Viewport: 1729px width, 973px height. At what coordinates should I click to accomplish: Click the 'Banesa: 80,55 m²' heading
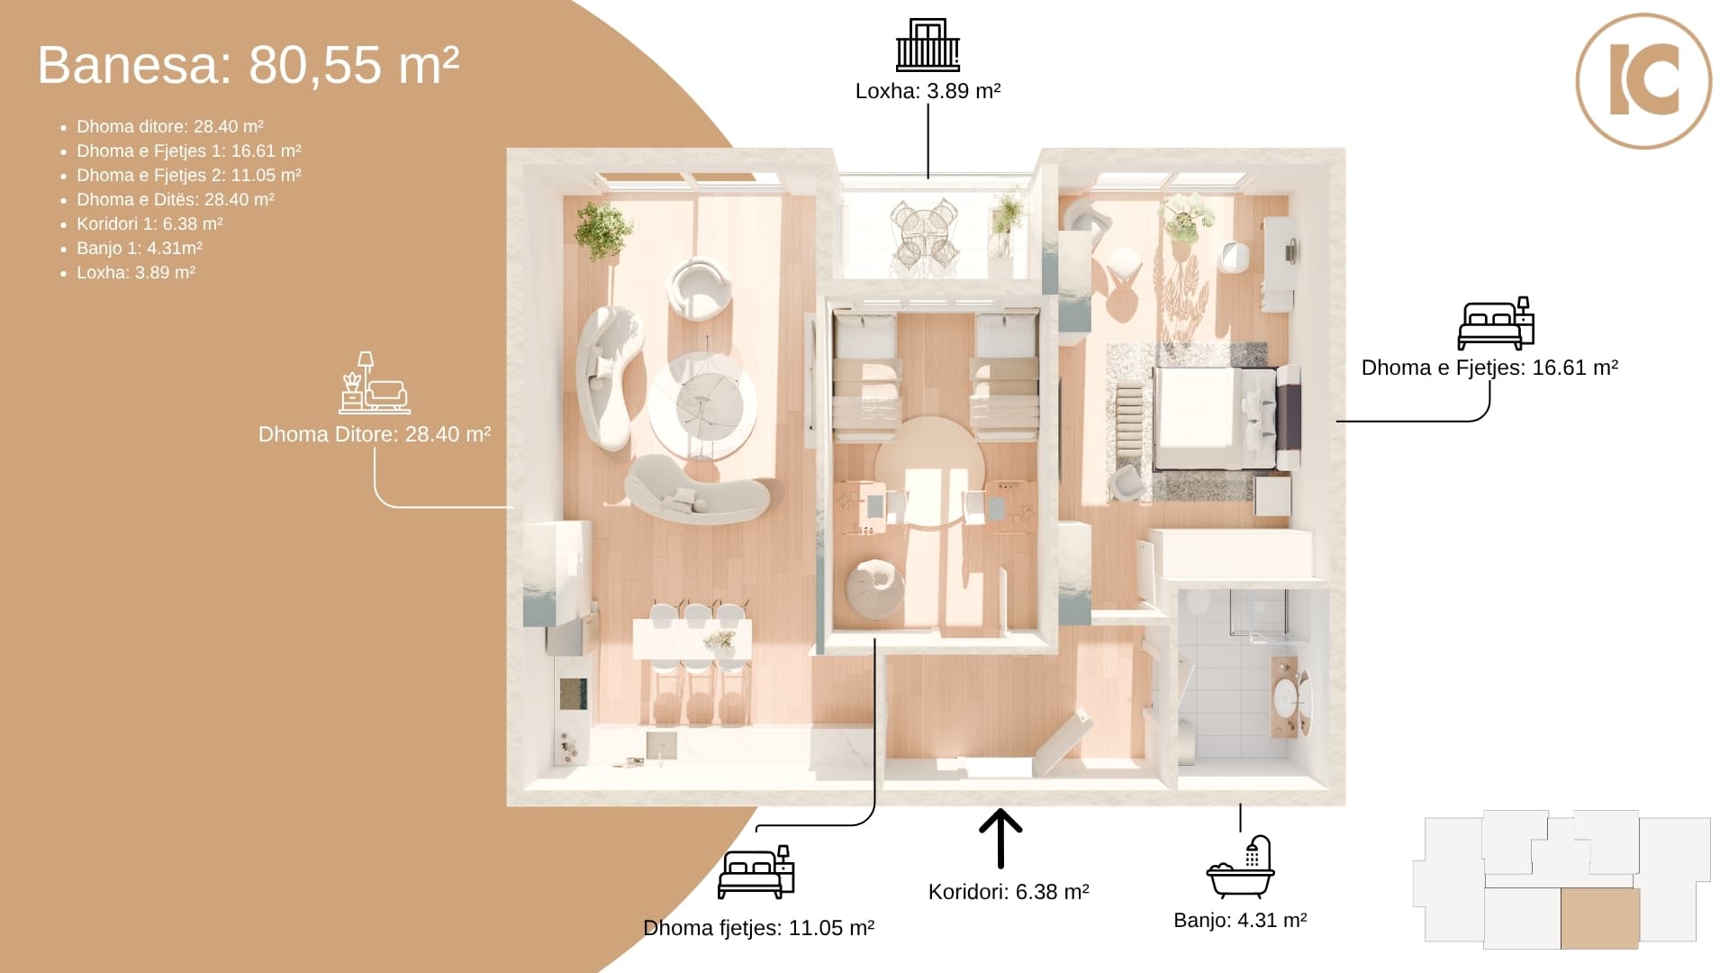point(249,65)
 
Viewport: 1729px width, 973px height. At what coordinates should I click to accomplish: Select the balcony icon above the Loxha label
point(928,45)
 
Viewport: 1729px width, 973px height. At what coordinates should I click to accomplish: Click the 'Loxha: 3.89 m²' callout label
point(928,91)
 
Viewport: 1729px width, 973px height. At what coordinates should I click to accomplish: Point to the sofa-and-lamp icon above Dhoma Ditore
point(375,383)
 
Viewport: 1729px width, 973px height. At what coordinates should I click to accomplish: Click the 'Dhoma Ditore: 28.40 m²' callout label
point(375,434)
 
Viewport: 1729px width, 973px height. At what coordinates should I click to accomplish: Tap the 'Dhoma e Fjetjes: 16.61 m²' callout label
point(1489,368)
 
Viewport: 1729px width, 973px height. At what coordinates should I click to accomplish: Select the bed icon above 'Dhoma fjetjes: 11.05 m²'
point(756,872)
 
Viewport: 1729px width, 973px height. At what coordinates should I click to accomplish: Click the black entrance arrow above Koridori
point(1000,838)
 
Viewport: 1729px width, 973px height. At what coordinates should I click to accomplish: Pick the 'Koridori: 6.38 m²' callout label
point(1009,892)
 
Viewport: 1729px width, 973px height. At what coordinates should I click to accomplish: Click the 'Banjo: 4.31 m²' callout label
point(1240,920)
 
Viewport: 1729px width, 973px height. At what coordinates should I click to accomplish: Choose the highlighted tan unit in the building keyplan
point(1599,918)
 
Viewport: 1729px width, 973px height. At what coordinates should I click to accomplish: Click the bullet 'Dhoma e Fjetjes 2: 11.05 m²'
point(189,176)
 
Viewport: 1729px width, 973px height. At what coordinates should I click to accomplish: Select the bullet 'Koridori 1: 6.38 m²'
point(149,224)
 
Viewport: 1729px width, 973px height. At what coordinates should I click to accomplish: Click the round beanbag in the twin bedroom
point(874,589)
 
